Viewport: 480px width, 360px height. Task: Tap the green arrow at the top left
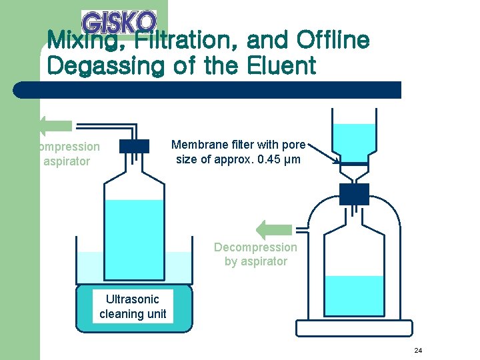[55, 125]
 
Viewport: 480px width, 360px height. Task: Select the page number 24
[418, 350]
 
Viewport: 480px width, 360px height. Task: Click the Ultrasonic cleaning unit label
[133, 306]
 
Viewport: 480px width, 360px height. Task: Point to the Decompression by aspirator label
[255, 254]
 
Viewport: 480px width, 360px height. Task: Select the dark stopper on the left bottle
[135, 147]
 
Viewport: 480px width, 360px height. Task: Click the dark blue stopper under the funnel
[353, 193]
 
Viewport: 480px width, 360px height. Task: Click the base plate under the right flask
[354, 329]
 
